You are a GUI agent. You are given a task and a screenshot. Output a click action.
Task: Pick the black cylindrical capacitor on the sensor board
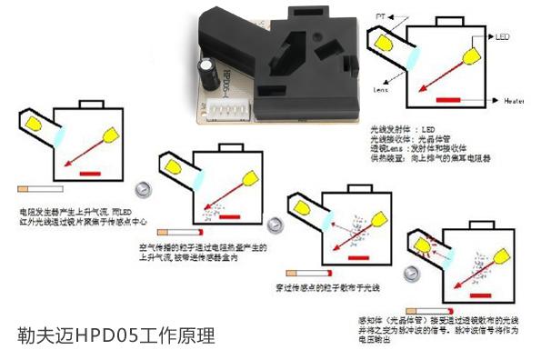[208, 72]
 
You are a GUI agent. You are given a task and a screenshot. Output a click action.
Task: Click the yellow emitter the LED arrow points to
[474, 55]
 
